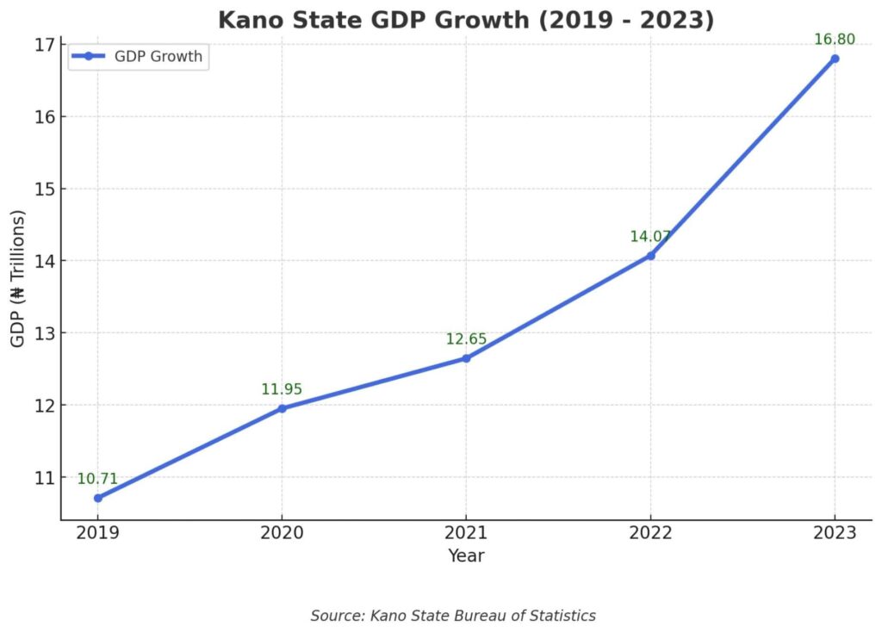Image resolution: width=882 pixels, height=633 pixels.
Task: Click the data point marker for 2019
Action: (x=97, y=498)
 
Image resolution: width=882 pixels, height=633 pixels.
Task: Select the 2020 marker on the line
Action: (x=282, y=408)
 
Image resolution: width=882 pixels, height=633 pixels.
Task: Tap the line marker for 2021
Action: (x=466, y=358)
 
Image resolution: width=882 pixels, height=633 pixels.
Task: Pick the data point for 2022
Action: (x=650, y=256)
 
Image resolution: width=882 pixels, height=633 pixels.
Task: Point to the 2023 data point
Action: (x=835, y=59)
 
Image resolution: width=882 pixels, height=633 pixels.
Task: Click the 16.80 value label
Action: (x=835, y=39)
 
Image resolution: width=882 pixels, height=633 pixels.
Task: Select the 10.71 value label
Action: (x=97, y=479)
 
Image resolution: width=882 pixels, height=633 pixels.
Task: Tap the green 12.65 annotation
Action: (x=466, y=339)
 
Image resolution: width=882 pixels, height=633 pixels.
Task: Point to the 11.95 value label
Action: (x=282, y=389)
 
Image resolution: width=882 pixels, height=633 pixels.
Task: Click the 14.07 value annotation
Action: (x=650, y=237)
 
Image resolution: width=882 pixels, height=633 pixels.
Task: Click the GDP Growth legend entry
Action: (x=138, y=57)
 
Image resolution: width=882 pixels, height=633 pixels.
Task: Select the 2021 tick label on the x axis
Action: (x=466, y=533)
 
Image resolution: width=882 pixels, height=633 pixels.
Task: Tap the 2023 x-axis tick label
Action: (x=835, y=533)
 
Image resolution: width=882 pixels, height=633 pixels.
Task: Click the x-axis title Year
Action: (x=466, y=556)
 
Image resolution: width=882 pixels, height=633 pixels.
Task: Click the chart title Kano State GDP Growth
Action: (x=466, y=20)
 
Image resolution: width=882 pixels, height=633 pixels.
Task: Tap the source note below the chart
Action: (x=453, y=615)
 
